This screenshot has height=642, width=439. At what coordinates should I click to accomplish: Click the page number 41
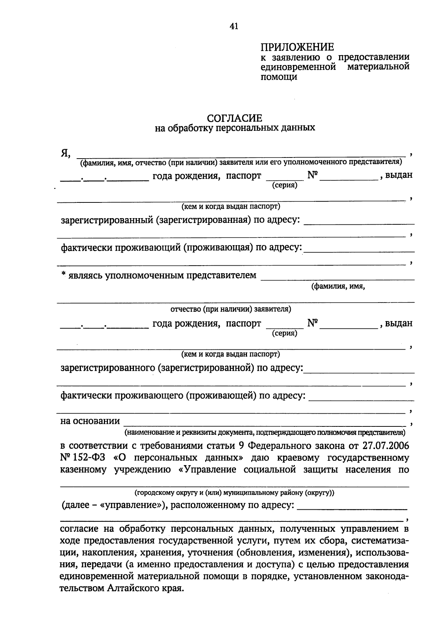pos(233,26)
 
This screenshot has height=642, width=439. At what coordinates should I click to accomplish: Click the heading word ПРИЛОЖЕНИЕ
pos(297,47)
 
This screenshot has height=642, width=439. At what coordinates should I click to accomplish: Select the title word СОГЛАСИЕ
pos(234,118)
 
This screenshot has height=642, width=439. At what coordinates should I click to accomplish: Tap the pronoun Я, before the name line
pos(65,153)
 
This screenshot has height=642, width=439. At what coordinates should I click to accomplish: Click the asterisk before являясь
pos(63,275)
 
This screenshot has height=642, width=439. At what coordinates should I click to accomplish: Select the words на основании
pos(90,421)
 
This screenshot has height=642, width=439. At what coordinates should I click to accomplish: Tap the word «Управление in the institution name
pos(207,470)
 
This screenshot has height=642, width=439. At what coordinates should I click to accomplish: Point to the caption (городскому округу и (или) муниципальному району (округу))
pos(234,493)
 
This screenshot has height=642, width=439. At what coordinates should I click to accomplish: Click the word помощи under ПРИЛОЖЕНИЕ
pos(278,77)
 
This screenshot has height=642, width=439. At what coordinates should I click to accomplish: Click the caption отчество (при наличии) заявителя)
pos(230,309)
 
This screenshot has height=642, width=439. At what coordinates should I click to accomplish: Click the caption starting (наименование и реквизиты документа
pos(265,433)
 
